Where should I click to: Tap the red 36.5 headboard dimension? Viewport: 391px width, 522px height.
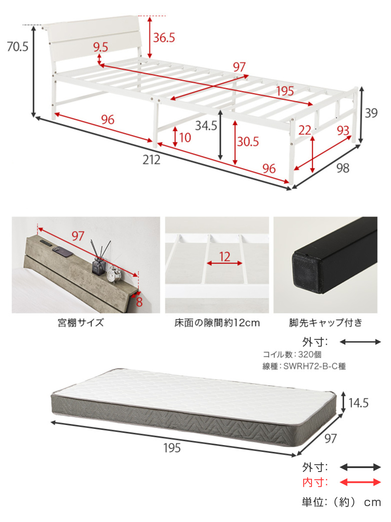pyautogui.click(x=164, y=38)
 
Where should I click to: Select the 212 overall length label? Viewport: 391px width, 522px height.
pyautogui.click(x=152, y=160)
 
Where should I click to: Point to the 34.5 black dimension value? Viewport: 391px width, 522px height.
pyautogui.click(x=206, y=126)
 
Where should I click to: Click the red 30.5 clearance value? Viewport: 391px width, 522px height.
pyautogui.click(x=248, y=142)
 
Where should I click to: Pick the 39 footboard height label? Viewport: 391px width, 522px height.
pyautogui.click(x=371, y=113)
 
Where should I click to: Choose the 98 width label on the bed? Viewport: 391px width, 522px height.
pyautogui.click(x=343, y=168)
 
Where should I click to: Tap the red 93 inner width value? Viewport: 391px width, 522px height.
pyautogui.click(x=343, y=130)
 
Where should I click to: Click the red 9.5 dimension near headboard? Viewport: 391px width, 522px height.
pyautogui.click(x=100, y=47)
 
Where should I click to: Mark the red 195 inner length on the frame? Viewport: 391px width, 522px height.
pyautogui.click(x=285, y=91)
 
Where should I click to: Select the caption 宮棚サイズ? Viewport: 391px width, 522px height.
pyautogui.click(x=81, y=323)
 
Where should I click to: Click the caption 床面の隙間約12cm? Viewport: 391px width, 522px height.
pyautogui.click(x=217, y=323)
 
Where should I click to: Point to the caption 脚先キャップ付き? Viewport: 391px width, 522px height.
pyautogui.click(x=325, y=323)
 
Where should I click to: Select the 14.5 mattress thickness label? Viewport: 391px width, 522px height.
pyautogui.click(x=359, y=403)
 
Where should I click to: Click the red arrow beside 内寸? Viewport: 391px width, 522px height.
pyautogui.click(x=360, y=482)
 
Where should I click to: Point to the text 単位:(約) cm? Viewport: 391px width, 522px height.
pyautogui.click(x=341, y=502)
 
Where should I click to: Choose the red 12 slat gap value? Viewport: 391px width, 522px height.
pyautogui.click(x=225, y=257)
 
